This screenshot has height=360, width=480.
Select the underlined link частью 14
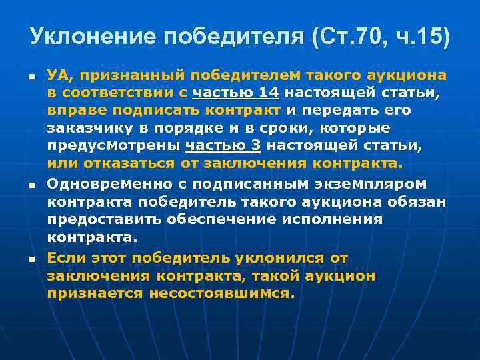[235, 92]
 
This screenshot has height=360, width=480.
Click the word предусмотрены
[105, 146]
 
